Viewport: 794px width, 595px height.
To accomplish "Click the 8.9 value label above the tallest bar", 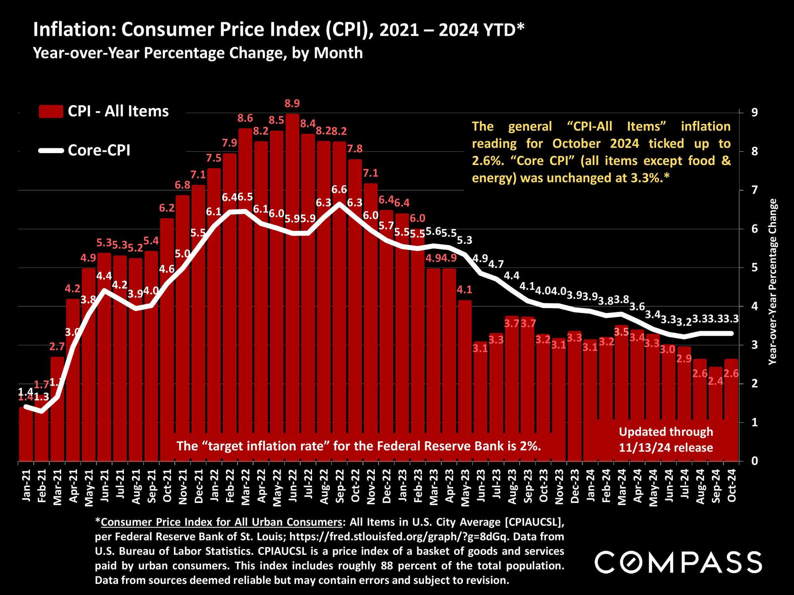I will point(292,104).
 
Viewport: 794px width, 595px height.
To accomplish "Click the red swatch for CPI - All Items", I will point(51,111).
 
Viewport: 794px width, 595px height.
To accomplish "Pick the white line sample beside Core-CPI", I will point(51,151).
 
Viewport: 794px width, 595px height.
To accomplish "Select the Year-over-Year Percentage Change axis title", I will point(773,282).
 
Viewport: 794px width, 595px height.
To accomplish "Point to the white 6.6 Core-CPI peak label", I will point(339,190).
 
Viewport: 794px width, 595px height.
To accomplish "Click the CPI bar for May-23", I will point(464,381).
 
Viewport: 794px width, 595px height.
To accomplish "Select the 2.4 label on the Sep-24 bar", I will point(716,381).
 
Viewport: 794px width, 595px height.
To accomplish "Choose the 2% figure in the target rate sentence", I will point(532,446).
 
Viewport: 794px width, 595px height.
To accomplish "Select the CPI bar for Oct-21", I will point(167,337).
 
